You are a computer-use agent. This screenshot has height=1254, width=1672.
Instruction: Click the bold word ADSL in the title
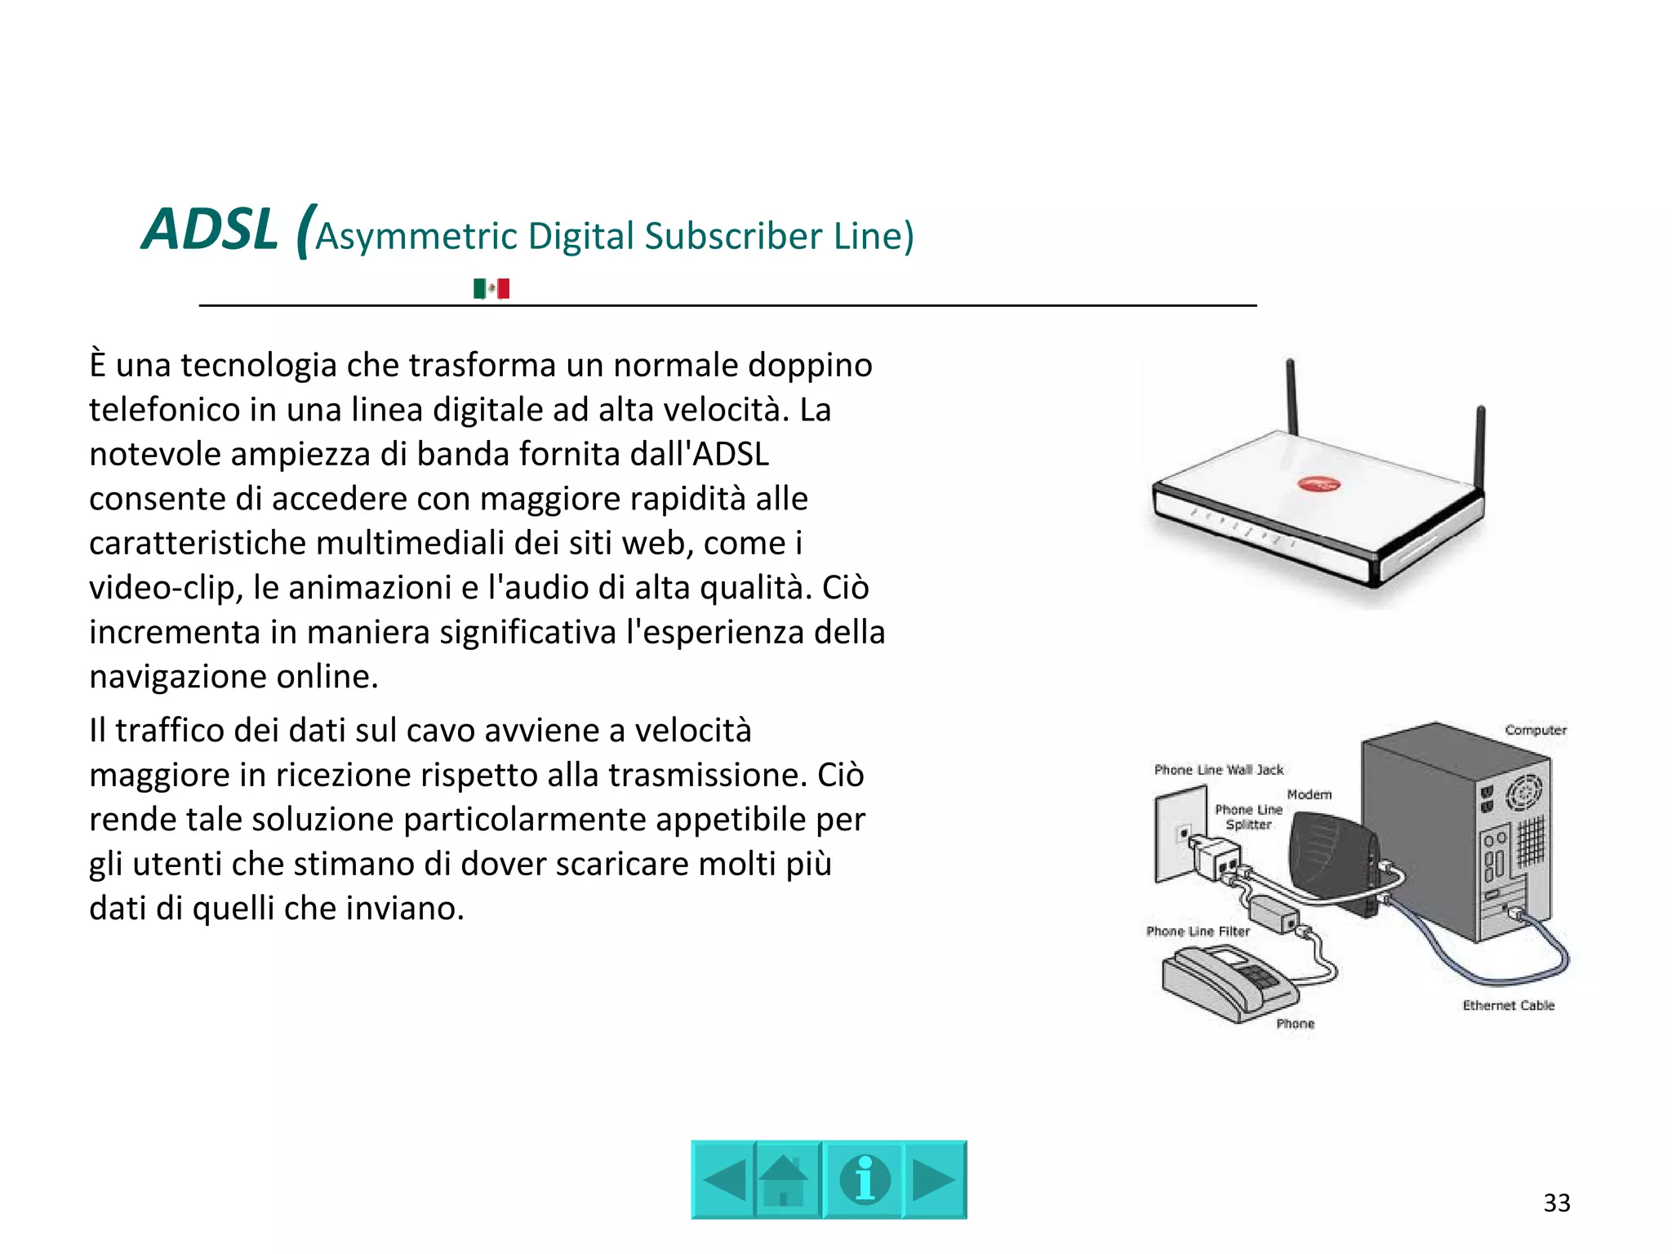click(210, 229)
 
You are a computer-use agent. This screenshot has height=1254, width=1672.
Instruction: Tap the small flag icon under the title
click(491, 288)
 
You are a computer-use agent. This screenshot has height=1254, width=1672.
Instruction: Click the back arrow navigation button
click(723, 1180)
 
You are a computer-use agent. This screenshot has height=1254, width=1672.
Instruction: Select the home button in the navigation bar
click(785, 1180)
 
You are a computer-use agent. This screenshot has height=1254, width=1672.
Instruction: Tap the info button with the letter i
click(865, 1180)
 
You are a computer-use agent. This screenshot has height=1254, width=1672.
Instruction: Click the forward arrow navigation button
click(934, 1180)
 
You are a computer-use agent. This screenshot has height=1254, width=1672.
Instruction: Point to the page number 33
click(1556, 1203)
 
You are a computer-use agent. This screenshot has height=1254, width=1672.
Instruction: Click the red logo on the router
click(1318, 485)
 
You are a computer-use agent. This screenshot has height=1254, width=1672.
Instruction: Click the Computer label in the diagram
click(1536, 730)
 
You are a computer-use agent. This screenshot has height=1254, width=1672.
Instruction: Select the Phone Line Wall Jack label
click(1218, 770)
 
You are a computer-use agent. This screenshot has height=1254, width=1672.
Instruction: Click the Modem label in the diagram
click(1310, 794)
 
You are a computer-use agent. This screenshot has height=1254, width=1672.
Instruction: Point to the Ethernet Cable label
click(1508, 1005)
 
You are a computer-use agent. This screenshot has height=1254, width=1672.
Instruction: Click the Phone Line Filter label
click(1198, 932)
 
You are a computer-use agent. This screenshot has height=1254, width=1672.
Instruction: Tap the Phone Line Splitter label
click(1248, 817)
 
